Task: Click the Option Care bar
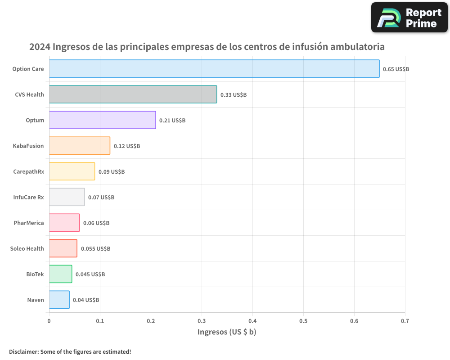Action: (214, 69)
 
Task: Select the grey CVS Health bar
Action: (133, 94)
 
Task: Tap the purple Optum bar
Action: (102, 120)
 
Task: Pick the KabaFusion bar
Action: (79, 146)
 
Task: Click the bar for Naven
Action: (59, 300)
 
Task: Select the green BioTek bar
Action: (60, 274)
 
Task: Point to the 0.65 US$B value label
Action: (396, 69)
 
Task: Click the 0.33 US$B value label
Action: (233, 95)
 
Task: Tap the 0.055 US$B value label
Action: (95, 249)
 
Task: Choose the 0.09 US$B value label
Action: (111, 172)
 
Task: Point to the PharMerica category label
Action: (29, 223)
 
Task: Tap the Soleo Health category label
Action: (27, 248)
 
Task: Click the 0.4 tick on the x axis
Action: (252, 321)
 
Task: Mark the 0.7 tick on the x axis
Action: (405, 321)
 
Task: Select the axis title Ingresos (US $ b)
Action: (227, 332)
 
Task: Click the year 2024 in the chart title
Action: (40, 47)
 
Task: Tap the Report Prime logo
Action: (409, 18)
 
